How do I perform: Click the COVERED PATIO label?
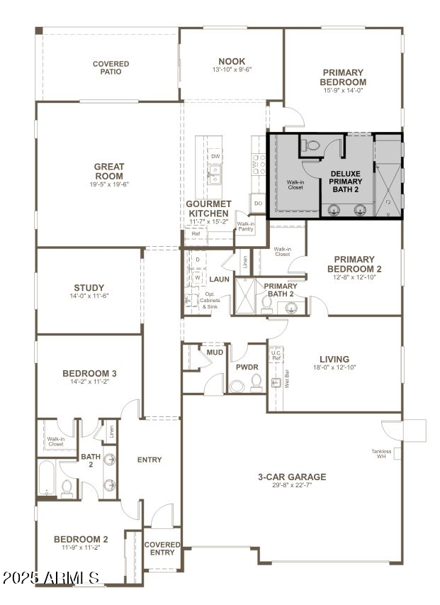(x=111, y=67)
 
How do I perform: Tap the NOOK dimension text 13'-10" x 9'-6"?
(x=232, y=70)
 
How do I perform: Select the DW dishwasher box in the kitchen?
(x=214, y=155)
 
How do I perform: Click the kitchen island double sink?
(x=214, y=172)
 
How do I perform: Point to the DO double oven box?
(x=258, y=204)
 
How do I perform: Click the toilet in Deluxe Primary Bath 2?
(x=310, y=145)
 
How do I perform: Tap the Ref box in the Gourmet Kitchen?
(x=196, y=233)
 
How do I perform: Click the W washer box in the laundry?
(x=198, y=277)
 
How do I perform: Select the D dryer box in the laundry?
(x=198, y=260)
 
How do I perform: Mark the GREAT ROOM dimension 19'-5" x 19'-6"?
(x=109, y=184)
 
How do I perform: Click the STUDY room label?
(x=89, y=288)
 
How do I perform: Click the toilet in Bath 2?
(x=67, y=487)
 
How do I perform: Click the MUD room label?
(x=215, y=352)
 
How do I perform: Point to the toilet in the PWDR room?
(x=237, y=386)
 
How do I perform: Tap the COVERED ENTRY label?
(x=162, y=548)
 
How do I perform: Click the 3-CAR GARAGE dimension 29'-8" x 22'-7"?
(x=292, y=485)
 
